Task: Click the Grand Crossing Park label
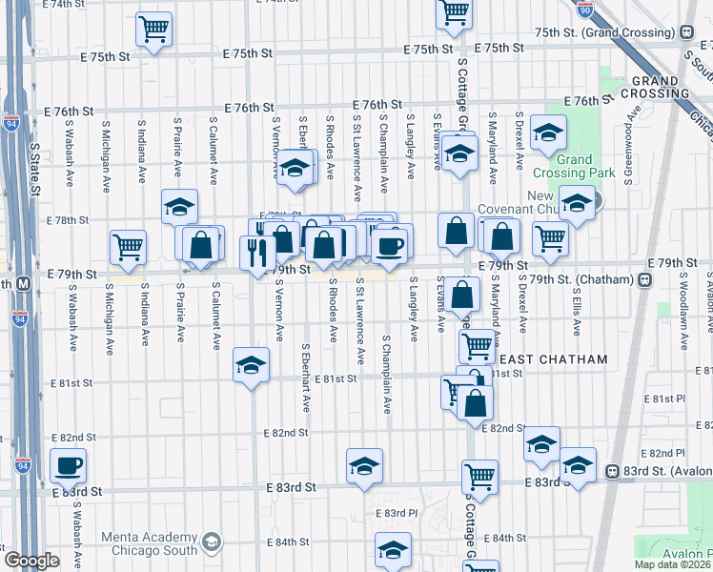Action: point(588,167)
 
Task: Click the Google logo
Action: point(31,561)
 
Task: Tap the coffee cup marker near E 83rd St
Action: point(68,466)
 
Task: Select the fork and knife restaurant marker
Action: point(257,254)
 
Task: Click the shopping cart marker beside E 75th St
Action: point(153,29)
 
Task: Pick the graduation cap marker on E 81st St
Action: point(251,366)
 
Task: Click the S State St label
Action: point(34,170)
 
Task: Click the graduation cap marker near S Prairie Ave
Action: point(179,208)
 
